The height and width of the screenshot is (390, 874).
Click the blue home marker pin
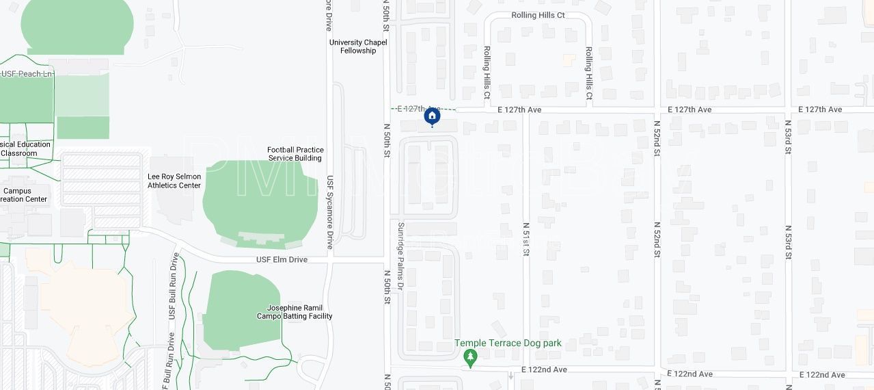(432, 116)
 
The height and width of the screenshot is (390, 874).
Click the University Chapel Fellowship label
(358, 47)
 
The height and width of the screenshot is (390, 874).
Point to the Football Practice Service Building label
(295, 154)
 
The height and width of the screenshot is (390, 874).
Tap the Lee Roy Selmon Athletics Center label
(174, 181)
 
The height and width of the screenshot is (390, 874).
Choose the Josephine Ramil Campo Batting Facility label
(295, 312)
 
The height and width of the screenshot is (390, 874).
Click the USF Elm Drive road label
(282, 260)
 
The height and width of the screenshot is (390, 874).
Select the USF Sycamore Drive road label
(329, 212)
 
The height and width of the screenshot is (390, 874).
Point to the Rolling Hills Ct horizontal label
(538, 15)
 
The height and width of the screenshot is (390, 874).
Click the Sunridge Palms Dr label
(401, 257)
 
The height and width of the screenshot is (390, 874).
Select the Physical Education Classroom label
(24, 148)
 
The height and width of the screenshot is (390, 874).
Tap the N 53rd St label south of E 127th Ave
(788, 142)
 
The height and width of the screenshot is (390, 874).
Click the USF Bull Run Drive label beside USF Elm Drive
(172, 286)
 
